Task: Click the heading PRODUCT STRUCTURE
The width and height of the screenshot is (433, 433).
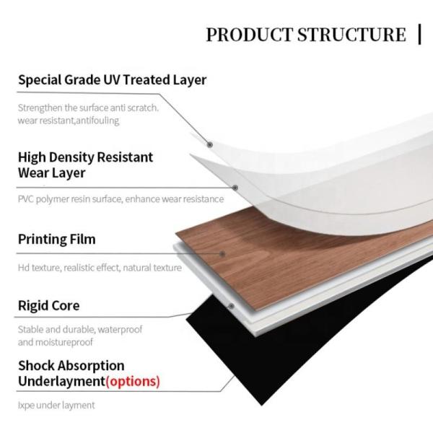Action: coord(306,34)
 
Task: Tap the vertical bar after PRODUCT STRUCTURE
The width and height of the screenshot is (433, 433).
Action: coord(419,33)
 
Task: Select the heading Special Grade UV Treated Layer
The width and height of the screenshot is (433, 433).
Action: coord(112,80)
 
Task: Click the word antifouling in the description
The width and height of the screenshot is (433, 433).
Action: coord(95,121)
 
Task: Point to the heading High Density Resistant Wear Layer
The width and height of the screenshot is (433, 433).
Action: coord(85,165)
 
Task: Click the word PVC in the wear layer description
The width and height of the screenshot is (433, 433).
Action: coord(26,199)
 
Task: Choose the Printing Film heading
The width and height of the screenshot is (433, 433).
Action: coord(56,239)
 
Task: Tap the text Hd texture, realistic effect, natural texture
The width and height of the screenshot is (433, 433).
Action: coord(100,268)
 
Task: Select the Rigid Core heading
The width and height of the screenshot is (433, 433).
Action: coord(48,306)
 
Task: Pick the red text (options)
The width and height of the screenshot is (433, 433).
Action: coord(133,380)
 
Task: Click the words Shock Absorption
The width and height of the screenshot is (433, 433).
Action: coord(71,366)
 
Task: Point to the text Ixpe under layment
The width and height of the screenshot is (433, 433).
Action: coord(56,406)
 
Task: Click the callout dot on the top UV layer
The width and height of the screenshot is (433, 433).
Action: coord(210,144)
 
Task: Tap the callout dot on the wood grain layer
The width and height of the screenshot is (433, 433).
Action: coord(224,253)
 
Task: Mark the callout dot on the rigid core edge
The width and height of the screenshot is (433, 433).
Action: coord(231,305)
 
